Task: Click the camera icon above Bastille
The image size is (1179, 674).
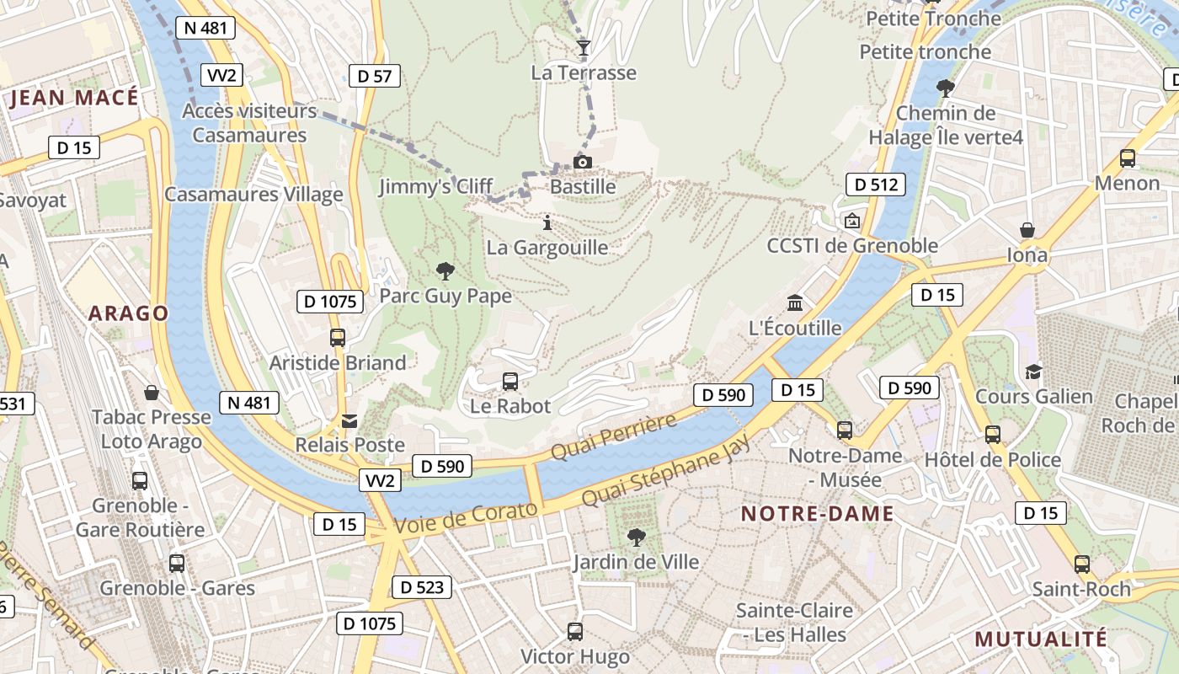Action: [582, 162]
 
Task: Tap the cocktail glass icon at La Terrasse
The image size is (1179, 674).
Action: [582, 47]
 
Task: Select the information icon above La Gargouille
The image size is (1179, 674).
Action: [547, 223]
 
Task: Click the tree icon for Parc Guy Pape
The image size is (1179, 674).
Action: [445, 271]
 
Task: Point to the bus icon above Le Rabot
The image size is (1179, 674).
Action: [510, 381]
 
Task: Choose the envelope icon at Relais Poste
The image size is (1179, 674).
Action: [349, 420]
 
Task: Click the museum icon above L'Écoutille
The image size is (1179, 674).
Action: [794, 303]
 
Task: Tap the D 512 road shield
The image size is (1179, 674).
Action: [876, 185]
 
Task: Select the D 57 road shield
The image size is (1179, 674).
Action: [374, 76]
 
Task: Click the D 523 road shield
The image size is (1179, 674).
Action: [422, 587]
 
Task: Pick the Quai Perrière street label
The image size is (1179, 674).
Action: [613, 437]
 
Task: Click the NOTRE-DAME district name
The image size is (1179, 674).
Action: [817, 513]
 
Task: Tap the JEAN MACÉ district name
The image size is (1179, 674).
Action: [74, 98]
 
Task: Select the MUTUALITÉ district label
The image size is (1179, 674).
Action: [1041, 639]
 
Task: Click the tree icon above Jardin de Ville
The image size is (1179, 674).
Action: [637, 537]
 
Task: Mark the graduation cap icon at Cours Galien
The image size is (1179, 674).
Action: [1033, 372]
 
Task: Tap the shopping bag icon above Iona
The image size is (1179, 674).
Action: [1027, 230]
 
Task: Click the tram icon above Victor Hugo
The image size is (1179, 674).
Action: [575, 631]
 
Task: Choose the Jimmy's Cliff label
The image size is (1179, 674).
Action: [435, 186]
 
